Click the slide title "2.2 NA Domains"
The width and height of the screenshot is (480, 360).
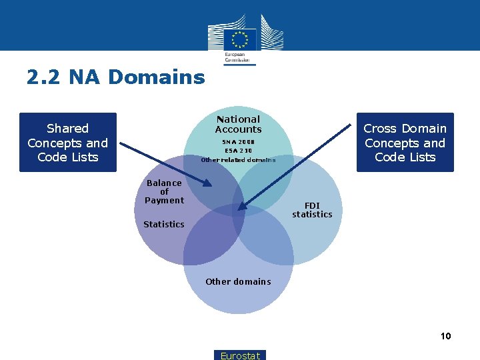(x=115, y=77)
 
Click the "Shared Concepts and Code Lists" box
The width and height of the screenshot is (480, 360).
(x=68, y=143)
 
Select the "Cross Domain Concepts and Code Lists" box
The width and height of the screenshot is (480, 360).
(x=405, y=143)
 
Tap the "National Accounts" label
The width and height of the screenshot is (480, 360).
(x=238, y=124)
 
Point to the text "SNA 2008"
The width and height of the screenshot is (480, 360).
(x=238, y=142)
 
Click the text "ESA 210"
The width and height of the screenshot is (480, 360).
(x=238, y=151)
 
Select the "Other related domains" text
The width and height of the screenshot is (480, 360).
(x=238, y=160)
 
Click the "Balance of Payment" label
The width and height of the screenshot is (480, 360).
(x=164, y=191)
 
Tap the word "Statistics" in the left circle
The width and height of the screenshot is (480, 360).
(x=164, y=225)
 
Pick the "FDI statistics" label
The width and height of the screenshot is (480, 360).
(x=312, y=210)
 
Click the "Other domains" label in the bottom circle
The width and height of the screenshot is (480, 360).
(x=238, y=282)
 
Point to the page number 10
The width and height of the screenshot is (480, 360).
(x=445, y=336)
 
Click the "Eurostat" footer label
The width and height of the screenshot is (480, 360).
(x=240, y=355)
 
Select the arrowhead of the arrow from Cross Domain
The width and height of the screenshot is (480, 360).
(x=241, y=208)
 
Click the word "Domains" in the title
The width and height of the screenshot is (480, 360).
(x=156, y=77)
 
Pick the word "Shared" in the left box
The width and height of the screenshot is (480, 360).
(x=67, y=128)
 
